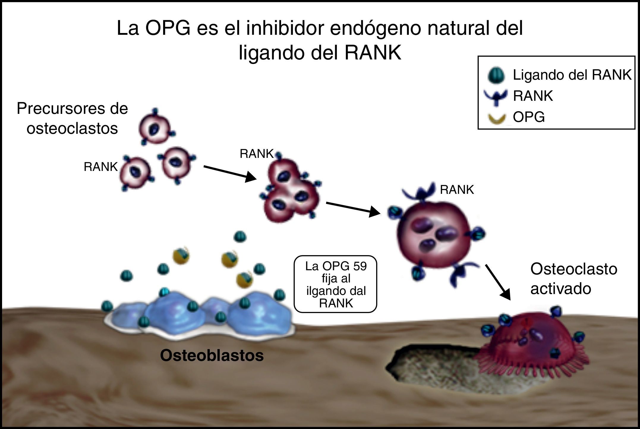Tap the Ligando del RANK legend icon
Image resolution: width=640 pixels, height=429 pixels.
coord(496,75)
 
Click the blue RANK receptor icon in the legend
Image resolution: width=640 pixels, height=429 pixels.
coord(495,97)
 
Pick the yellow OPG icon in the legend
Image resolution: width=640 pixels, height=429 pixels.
coord(496,118)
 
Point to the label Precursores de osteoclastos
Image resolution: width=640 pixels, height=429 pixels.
coord(72,118)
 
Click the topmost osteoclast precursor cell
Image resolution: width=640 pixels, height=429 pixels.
coord(155,128)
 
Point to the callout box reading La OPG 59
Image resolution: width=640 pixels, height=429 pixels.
coord(335,284)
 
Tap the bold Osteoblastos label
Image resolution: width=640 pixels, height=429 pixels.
coord(212,355)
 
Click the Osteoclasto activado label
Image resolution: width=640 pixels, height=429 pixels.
coord(573,279)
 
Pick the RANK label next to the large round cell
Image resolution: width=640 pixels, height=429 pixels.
coord(457,190)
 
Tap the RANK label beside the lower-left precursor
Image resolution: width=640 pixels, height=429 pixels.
coord(101,167)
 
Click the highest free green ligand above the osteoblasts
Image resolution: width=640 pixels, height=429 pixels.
coord(240,237)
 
